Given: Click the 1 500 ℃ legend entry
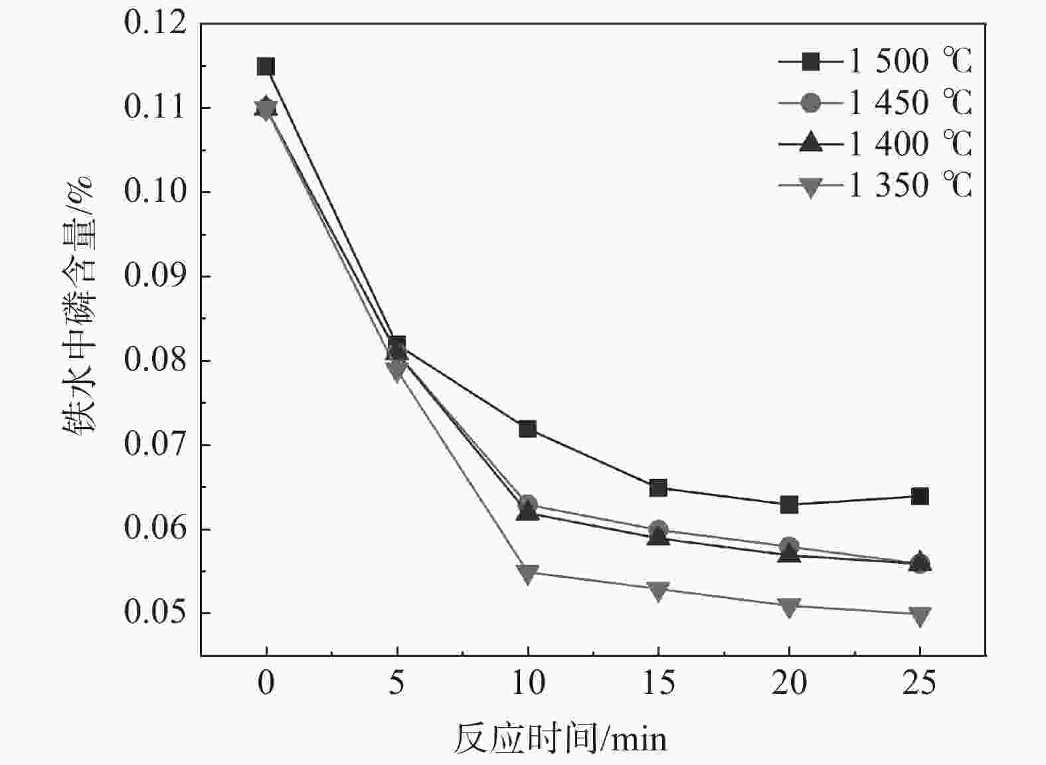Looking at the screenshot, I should click(875, 62).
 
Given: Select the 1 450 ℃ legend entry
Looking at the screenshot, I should click(875, 103).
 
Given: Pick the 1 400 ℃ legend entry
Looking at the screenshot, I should click(875, 144).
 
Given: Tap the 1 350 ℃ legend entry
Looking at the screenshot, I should click(875, 185).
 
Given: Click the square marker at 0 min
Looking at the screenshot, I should click(266, 66).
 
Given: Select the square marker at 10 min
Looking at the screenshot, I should click(527, 429).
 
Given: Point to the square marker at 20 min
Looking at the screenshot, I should click(789, 505).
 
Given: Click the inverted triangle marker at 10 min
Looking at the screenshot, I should click(527, 574).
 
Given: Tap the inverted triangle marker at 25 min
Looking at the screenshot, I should click(920, 616).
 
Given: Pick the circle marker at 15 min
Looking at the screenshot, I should click(658, 529).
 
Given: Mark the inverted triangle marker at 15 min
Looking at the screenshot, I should click(658, 590).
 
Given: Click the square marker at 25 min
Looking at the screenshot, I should click(920, 496).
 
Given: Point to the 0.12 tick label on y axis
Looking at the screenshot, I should click(155, 24).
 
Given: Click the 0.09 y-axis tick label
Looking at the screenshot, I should click(155, 276).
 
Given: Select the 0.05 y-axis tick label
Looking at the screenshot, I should click(155, 613).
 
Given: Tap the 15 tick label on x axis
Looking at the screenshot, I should click(658, 683).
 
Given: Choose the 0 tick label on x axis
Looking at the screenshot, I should click(266, 683).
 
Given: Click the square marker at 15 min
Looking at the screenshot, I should click(658, 488).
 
